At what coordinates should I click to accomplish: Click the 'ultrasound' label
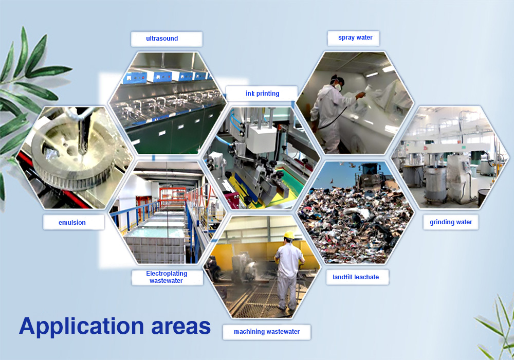162,39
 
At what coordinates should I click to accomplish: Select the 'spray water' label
355,38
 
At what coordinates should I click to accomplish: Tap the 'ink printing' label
263,94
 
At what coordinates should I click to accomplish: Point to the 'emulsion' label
72,223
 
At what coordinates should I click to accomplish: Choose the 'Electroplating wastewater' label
167,277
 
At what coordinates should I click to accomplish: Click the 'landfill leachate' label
356,277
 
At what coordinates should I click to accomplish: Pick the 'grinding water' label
451,222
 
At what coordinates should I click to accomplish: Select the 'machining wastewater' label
267,332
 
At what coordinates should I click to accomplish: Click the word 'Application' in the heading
82,327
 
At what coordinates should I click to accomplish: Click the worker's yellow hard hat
289,235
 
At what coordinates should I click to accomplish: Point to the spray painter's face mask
338,87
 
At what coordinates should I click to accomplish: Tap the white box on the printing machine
261,139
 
